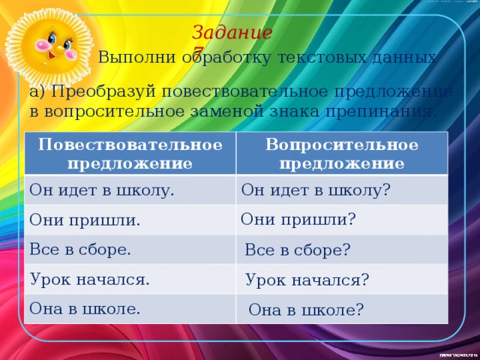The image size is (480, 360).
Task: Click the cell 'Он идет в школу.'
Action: pyautogui.click(x=101, y=190)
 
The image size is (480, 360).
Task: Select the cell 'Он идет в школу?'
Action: pyautogui.click(x=315, y=190)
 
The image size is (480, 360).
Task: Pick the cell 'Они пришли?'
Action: pyautogui.click(x=298, y=219)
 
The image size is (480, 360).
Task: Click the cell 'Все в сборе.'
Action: pyautogui.click(x=80, y=249)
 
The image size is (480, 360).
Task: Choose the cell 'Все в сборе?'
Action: pyautogui.click(x=298, y=250)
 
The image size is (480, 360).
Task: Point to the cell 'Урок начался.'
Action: pyautogui.click(x=89, y=279)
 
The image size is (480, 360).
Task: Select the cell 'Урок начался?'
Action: pyautogui.click(x=307, y=280)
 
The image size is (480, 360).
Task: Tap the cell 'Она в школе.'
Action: pyautogui.click(x=85, y=307)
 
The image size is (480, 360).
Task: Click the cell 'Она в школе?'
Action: pyautogui.click(x=306, y=309)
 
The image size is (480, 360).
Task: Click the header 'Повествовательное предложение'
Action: pyautogui.click(x=130, y=153)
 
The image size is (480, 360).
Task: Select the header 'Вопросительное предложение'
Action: pyautogui.click(x=341, y=153)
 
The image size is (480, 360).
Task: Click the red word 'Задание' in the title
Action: pyautogui.click(x=231, y=33)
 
